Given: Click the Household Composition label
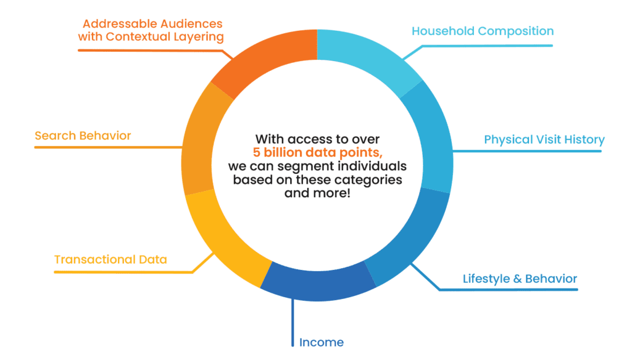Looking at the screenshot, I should [x=482, y=31].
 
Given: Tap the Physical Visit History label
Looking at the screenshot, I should [x=544, y=139].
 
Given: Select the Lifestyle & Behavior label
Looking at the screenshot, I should [x=520, y=279].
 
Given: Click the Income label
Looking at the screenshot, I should [x=321, y=342].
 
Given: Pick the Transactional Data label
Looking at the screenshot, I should [x=110, y=260].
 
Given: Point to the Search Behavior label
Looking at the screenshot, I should [x=83, y=136].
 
